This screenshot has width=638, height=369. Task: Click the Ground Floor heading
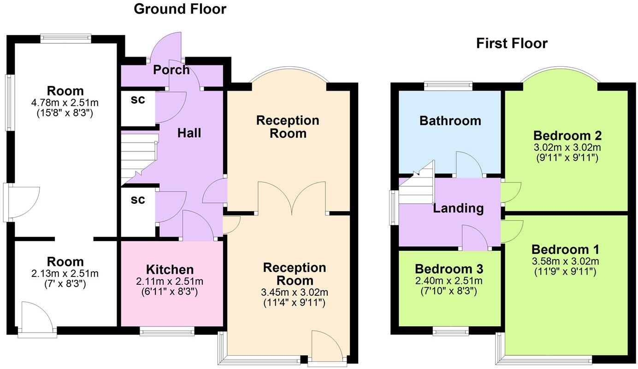(180, 9)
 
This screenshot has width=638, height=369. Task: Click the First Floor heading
(512, 44)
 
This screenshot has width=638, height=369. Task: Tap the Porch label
(171, 70)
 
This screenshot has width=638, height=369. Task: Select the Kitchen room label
(170, 270)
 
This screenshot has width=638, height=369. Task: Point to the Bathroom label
(450, 121)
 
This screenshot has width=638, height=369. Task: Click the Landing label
(458, 208)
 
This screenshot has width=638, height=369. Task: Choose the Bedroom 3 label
(449, 269)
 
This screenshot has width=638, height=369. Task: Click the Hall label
(189, 133)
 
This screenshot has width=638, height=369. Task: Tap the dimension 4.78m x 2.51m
(65, 102)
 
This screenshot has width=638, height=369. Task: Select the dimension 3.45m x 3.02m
(295, 292)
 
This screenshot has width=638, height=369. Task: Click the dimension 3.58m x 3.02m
(565, 261)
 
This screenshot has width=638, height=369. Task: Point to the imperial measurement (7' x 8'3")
(65, 284)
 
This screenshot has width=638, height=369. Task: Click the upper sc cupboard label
(138, 100)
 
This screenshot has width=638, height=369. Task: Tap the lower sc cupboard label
(138, 200)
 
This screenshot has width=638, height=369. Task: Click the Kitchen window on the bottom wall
(167, 331)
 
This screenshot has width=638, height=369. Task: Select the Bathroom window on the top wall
(448, 85)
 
